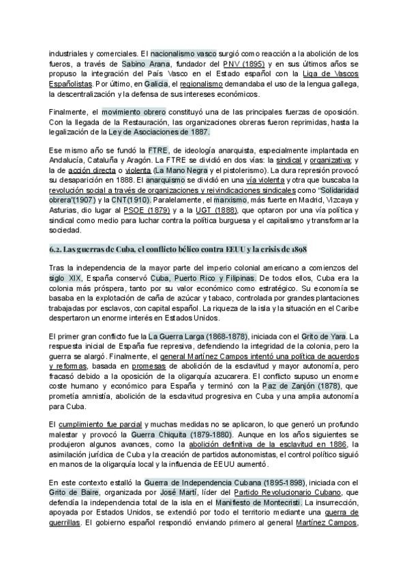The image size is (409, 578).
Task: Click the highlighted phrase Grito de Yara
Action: (321, 336)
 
